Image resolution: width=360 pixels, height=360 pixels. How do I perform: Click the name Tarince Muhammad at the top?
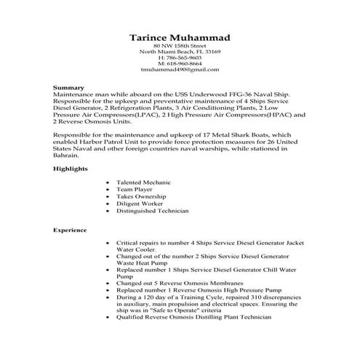[180, 37]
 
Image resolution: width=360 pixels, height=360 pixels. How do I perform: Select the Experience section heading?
[70, 230]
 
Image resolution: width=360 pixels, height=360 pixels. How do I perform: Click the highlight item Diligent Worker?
[137, 204]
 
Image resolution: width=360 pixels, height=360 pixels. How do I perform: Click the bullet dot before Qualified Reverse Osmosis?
[109, 318]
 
